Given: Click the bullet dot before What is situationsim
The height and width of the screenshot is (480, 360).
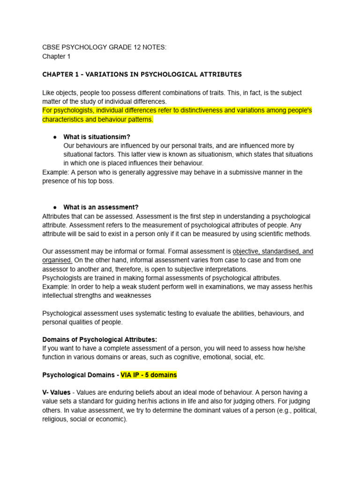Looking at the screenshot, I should coord(55,137).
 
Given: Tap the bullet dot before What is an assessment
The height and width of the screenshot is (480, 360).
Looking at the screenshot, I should coord(55,207).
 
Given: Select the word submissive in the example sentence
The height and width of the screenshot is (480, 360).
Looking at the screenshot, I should coord(210,172).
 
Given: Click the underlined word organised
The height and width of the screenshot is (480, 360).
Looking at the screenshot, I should coord(57,260).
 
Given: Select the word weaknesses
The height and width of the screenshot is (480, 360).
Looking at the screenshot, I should coord(130,295).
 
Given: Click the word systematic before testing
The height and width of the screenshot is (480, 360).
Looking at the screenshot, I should coord(145,313).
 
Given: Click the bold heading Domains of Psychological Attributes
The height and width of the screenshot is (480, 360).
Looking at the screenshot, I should coord(100,339).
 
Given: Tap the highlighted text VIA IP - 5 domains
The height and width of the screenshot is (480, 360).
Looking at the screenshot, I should coord(149,375).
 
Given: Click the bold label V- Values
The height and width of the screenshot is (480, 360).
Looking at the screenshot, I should coord(56,392).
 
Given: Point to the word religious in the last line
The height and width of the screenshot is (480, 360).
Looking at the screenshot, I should coord(56,419).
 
